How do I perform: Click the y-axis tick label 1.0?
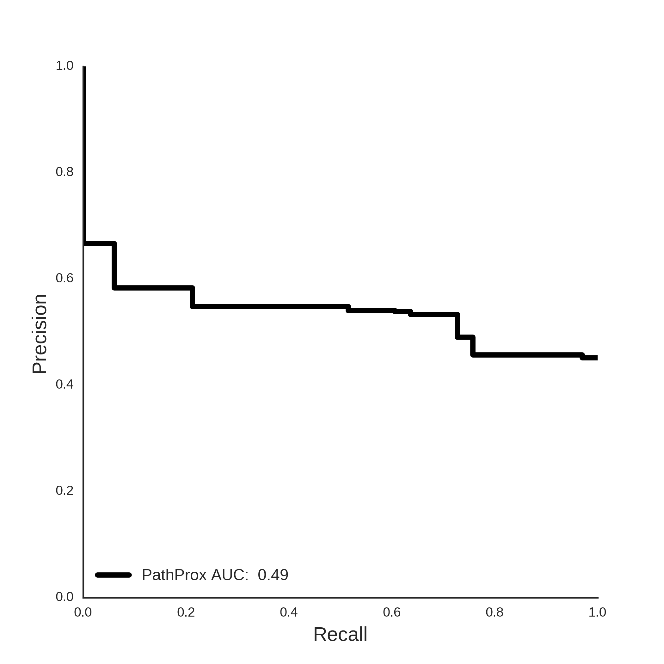point(65,66)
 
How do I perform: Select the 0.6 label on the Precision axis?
point(65,278)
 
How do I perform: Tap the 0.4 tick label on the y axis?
point(65,384)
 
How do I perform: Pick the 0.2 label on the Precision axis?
point(65,490)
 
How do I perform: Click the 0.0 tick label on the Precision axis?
point(65,597)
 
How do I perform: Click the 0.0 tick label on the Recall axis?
point(83,612)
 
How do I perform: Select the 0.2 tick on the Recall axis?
point(186,612)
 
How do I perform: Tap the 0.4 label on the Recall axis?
point(289,612)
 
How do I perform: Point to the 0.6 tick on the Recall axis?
point(392,612)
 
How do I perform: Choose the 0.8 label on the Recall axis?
point(495,612)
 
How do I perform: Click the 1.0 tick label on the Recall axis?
point(597,612)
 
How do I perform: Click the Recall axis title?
point(340,635)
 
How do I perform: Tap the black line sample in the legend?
point(114,575)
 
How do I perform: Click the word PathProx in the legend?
point(174,575)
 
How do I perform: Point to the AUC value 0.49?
point(273,575)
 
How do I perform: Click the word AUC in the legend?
point(230,575)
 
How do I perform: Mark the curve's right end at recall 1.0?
point(597,358)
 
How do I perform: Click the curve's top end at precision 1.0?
point(84,67)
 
